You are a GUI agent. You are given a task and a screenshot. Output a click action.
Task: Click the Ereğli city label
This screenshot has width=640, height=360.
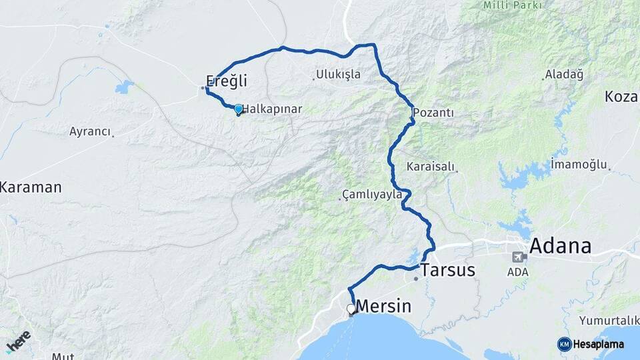click(x=227, y=81)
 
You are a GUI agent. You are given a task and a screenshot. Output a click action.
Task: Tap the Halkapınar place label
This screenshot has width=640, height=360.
click(x=273, y=109)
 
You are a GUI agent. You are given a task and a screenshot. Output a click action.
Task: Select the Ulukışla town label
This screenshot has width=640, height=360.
click(x=339, y=74)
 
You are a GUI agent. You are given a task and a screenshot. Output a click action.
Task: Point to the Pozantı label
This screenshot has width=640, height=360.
click(x=433, y=113)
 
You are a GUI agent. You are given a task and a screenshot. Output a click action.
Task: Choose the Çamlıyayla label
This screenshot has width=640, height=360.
click(x=372, y=195)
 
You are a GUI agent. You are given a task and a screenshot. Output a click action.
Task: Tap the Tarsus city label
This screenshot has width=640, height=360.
click(x=448, y=270)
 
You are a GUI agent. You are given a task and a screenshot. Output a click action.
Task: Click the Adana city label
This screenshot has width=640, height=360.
click(x=560, y=246)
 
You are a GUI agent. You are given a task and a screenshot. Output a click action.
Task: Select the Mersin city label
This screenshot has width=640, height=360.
click(x=384, y=307)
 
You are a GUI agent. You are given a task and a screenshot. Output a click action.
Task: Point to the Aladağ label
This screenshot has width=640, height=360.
click(x=564, y=74)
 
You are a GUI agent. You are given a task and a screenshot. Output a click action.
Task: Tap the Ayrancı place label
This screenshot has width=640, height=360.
click(x=90, y=131)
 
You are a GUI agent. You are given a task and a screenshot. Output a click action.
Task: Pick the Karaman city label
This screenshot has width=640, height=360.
click(x=31, y=187)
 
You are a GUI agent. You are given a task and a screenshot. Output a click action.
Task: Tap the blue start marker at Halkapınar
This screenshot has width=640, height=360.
click(x=238, y=109)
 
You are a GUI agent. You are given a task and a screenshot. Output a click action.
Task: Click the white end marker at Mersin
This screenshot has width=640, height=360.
click(x=351, y=309)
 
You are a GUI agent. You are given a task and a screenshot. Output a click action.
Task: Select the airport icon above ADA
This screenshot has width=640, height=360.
click(x=518, y=257)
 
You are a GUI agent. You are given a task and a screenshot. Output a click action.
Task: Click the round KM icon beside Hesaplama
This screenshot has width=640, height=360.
click(x=564, y=344)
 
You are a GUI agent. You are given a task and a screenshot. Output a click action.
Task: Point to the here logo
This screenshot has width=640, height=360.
click(x=18, y=340)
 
